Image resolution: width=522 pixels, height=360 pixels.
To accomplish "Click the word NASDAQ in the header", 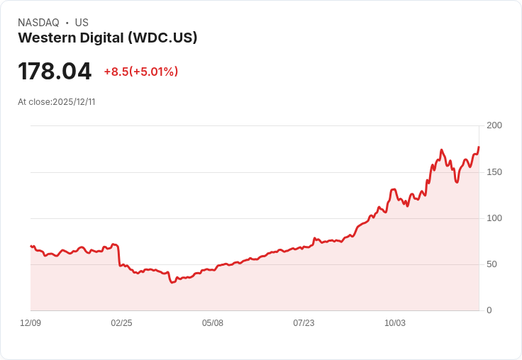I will [x=38, y=23].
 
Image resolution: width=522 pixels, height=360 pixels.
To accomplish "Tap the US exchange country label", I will [x=82, y=23].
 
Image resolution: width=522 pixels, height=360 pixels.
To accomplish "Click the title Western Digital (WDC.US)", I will [x=107, y=38].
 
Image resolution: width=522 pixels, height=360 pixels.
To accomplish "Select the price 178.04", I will [x=55, y=72].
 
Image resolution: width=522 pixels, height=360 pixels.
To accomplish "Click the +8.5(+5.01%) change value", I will [x=140, y=72].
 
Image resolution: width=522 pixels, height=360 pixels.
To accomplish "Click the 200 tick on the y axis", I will [x=494, y=125].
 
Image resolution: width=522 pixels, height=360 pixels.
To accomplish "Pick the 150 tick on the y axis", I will [x=494, y=172].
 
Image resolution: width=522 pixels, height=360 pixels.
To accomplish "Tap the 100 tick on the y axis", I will [x=494, y=218].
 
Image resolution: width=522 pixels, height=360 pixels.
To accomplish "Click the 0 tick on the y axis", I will [x=489, y=310].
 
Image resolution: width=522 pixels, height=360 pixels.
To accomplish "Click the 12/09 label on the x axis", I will [x=30, y=323].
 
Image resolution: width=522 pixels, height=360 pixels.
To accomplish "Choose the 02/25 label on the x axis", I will [x=121, y=323].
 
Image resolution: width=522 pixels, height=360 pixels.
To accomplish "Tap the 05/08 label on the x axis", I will [x=213, y=323].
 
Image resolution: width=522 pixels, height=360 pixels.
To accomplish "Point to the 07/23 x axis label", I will [x=304, y=323].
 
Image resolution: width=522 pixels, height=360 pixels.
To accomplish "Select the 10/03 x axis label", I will [x=395, y=323].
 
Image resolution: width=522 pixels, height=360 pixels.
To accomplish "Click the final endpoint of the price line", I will [x=479, y=147].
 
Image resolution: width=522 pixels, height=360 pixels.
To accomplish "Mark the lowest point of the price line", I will [x=172, y=282].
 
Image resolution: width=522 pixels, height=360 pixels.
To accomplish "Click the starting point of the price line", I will [x=30, y=246].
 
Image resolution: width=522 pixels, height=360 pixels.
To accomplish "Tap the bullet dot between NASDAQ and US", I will [x=67, y=23].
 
